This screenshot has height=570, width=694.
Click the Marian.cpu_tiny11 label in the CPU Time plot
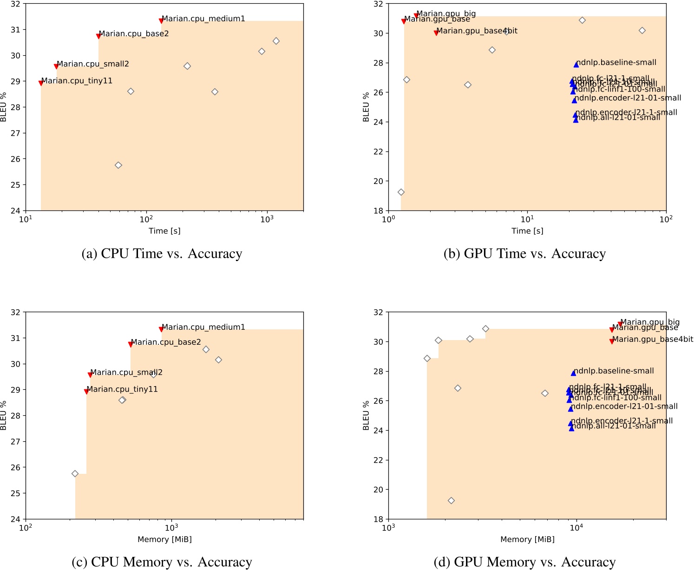(x=77, y=81)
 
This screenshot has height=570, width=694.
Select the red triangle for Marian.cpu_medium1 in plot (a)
(x=161, y=20)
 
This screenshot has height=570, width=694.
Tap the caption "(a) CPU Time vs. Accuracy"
(x=162, y=254)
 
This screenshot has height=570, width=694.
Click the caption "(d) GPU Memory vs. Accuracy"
(x=524, y=562)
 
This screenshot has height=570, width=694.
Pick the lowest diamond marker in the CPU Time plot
(x=118, y=165)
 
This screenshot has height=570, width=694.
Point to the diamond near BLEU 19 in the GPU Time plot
(x=401, y=192)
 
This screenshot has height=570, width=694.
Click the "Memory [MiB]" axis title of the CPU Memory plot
(x=164, y=539)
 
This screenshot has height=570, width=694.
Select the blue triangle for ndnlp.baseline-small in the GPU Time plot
(x=576, y=65)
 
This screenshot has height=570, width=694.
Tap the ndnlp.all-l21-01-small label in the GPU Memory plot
(x=613, y=426)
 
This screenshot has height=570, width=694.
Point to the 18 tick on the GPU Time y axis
(x=379, y=211)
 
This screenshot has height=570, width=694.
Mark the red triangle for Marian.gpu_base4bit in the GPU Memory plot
(x=612, y=341)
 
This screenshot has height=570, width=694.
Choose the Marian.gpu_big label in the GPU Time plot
(x=446, y=14)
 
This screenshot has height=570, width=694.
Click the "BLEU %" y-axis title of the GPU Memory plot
(x=366, y=415)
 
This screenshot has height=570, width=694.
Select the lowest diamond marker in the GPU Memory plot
(x=451, y=501)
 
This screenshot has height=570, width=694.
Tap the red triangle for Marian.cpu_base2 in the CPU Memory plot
(x=131, y=344)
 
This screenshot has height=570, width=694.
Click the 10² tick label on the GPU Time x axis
(x=666, y=220)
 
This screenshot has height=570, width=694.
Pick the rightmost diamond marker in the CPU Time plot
(x=276, y=41)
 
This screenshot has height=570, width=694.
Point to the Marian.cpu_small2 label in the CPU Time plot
(x=93, y=64)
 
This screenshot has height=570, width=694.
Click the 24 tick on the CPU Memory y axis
(x=16, y=519)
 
